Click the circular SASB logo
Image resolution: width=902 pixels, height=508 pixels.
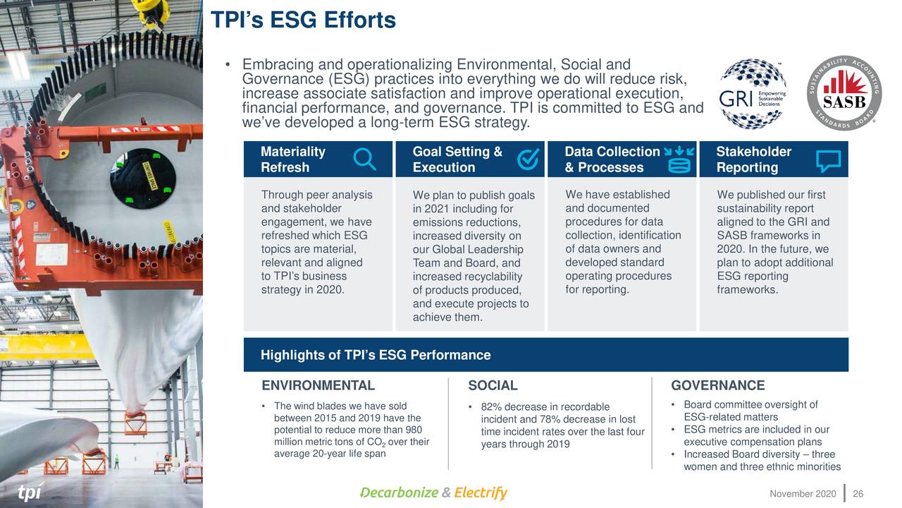coord(844,93)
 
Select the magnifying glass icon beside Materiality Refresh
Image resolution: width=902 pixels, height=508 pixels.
coord(364,159)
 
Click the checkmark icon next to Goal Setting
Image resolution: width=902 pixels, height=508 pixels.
coord(528,159)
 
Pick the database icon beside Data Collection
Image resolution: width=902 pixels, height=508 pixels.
coord(679,159)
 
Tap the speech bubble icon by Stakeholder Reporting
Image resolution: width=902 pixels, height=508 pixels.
coord(828,161)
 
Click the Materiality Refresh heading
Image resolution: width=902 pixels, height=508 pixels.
coord(292,159)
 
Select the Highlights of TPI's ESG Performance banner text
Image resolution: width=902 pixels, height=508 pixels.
coord(375,355)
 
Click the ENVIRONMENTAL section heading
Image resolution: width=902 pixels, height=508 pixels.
coord(318,385)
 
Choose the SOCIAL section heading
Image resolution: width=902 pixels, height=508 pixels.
coord(493,385)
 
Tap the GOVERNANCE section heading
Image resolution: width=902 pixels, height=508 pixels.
coord(717,385)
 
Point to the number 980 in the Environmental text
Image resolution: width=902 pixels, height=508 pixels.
coord(414,430)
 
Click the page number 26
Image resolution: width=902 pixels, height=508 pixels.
coord(858,492)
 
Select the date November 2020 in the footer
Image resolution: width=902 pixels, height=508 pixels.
coord(803,492)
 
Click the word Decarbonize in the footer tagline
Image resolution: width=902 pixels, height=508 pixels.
coord(399,492)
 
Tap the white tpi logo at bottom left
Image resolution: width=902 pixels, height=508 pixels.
coord(29,492)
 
